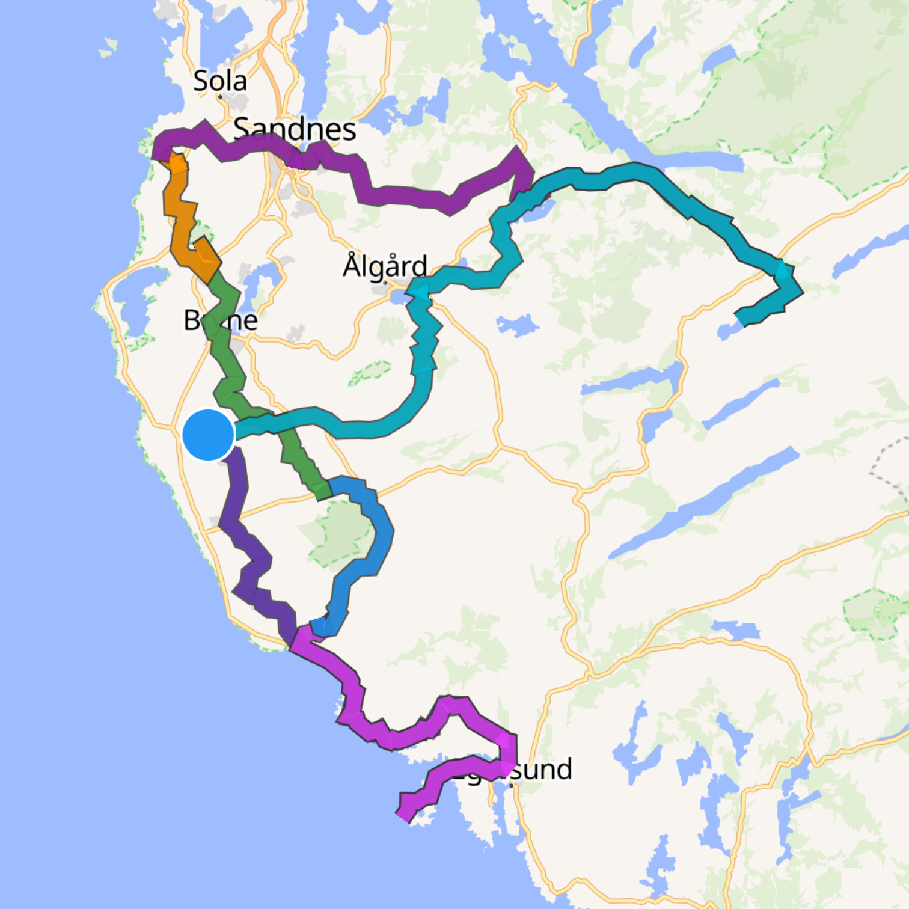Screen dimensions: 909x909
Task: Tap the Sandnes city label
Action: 295,129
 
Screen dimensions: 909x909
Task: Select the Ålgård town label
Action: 385,265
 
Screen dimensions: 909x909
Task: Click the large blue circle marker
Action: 208,435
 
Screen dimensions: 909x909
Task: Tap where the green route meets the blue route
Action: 325,489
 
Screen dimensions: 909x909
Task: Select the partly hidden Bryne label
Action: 220,320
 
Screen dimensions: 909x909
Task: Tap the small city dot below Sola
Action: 221,96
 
